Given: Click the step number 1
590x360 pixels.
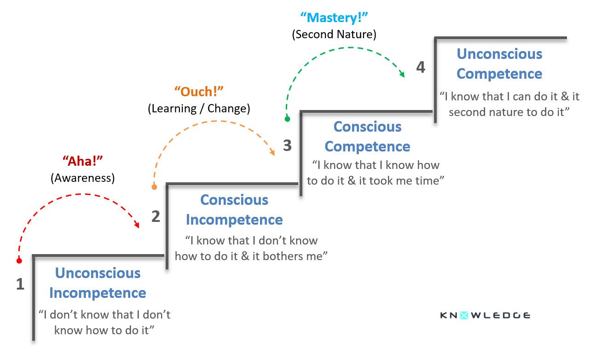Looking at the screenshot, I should click(20, 285).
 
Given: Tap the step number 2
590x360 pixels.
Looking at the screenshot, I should click(156, 216).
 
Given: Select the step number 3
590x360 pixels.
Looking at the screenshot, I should click(287, 146).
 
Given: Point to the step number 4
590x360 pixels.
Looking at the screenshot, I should click(421, 67).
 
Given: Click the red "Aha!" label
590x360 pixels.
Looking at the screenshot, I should click(82, 162).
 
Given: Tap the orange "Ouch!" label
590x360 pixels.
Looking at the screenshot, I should click(199, 92).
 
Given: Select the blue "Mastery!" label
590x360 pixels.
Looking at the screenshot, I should click(334, 18).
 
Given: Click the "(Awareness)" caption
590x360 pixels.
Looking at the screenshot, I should click(82, 178).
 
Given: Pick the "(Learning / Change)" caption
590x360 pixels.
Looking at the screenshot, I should click(199, 109).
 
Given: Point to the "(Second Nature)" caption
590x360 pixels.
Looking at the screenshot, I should click(334, 35).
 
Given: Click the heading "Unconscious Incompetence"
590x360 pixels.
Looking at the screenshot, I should click(98, 283).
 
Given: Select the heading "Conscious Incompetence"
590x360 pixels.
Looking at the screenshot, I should click(234, 210).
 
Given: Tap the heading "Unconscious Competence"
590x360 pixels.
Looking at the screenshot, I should click(499, 64).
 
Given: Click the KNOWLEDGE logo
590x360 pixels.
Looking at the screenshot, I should click(485, 315).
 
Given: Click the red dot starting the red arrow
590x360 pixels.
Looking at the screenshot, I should click(19, 261).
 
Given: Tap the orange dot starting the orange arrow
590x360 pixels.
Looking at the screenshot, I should click(154, 187).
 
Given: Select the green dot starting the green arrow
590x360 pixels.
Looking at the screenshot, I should click(287, 119).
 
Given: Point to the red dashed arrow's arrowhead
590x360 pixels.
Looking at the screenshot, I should click(137, 226).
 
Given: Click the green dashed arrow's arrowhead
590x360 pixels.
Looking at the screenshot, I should click(402, 75).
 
